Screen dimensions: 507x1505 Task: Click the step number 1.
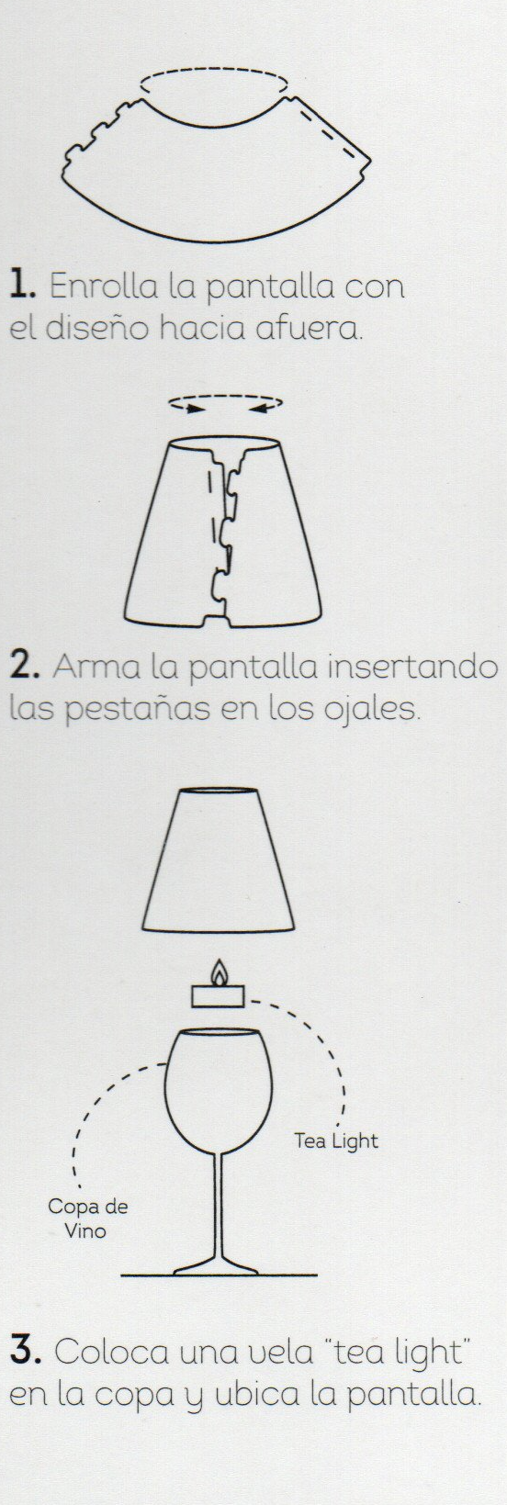[x=22, y=286]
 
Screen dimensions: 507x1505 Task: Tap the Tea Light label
[x=336, y=1140]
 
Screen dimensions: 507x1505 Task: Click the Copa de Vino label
[x=88, y=1219]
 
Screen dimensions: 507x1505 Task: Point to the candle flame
[x=219, y=972]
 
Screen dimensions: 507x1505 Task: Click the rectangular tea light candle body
[x=217, y=996]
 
